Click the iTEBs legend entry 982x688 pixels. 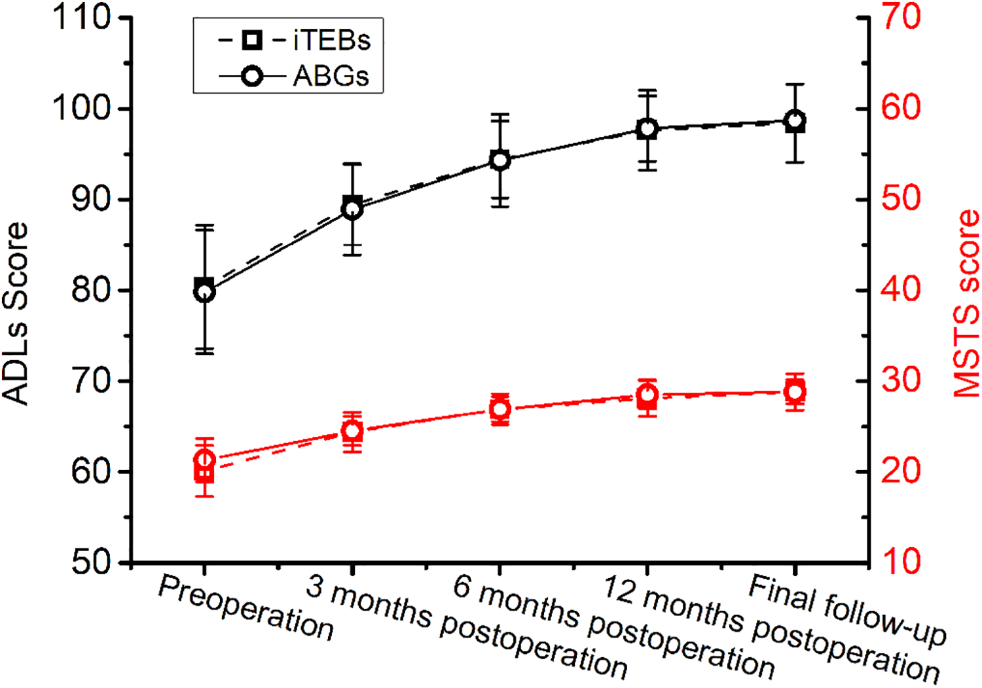[x=295, y=41]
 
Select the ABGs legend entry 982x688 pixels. [x=295, y=76]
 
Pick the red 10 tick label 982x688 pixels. [x=901, y=562]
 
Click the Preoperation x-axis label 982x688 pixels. [x=246, y=607]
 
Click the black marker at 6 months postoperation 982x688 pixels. [x=500, y=160]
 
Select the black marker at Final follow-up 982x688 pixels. [x=795, y=120]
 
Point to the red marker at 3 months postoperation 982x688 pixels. [x=352, y=431]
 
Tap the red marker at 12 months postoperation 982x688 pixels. [x=647, y=395]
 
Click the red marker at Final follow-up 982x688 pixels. [x=795, y=391]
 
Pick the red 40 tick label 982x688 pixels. [x=901, y=289]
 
